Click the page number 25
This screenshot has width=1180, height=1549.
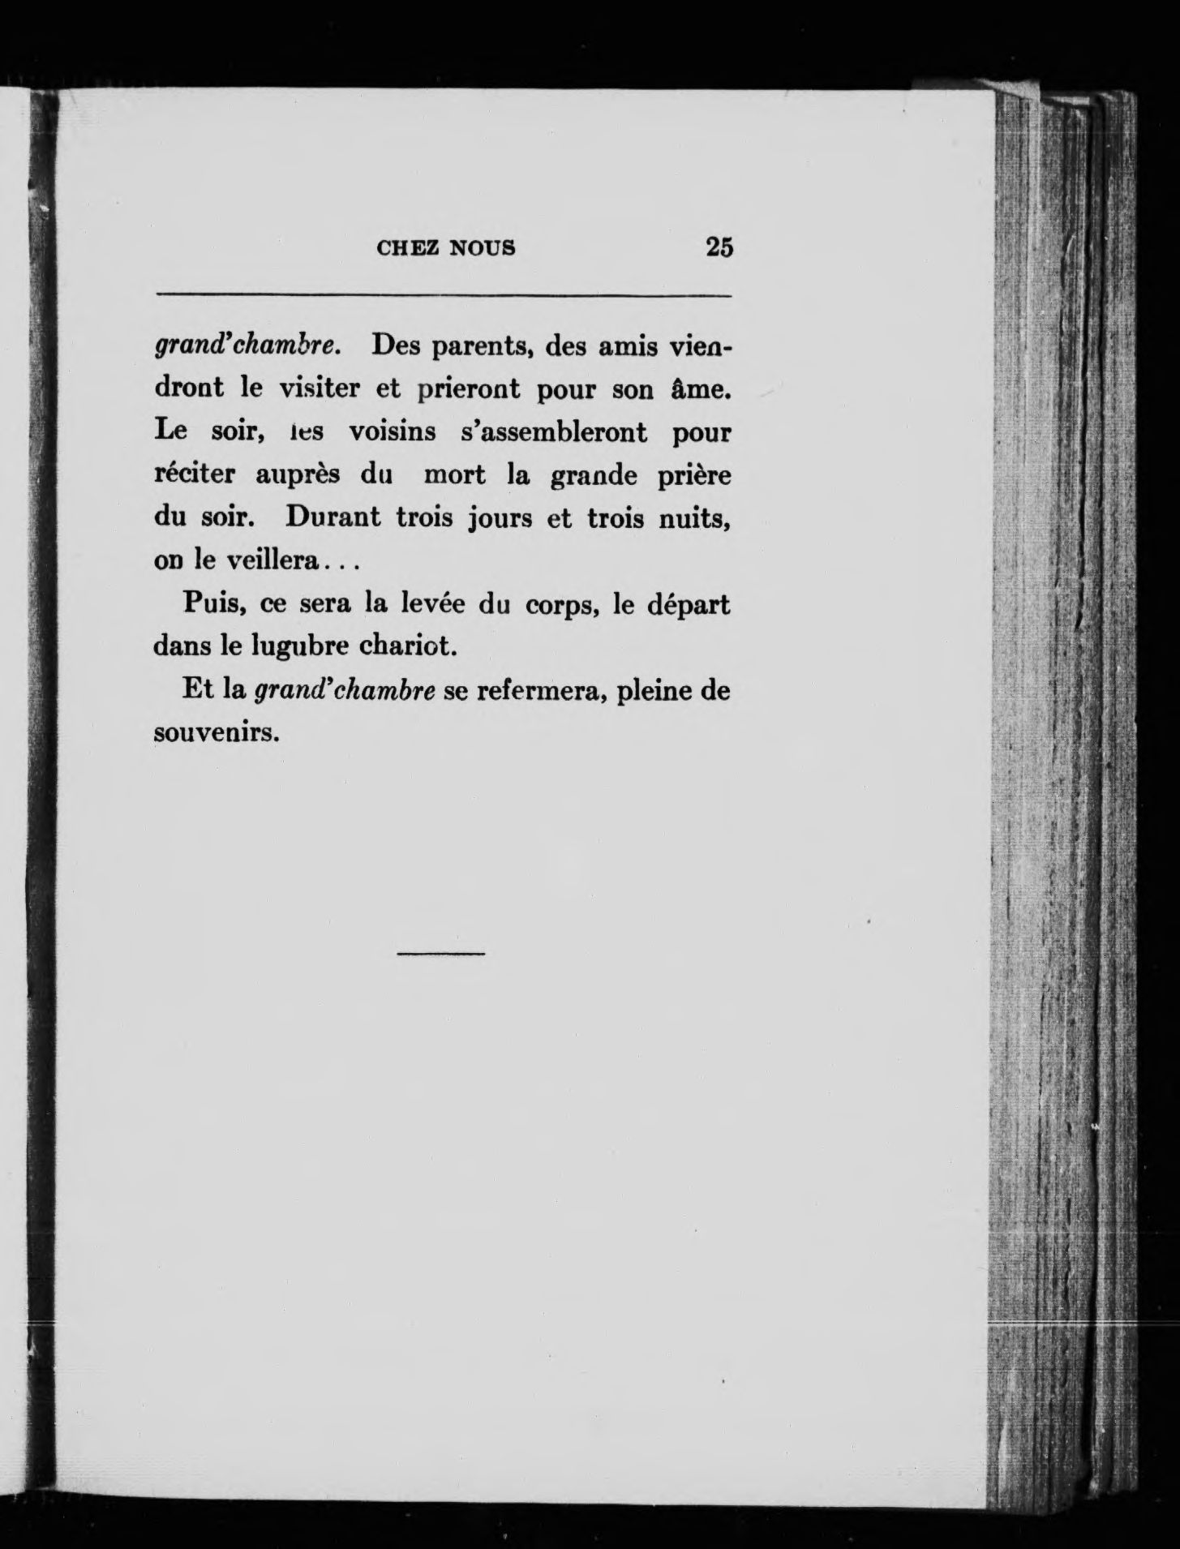tap(719, 247)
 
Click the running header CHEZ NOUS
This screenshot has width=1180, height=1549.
tap(446, 248)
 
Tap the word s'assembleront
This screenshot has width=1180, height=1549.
tap(554, 432)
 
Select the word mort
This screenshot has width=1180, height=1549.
tap(454, 475)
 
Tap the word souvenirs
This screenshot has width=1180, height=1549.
tap(217, 734)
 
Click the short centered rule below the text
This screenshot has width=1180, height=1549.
tap(440, 954)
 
